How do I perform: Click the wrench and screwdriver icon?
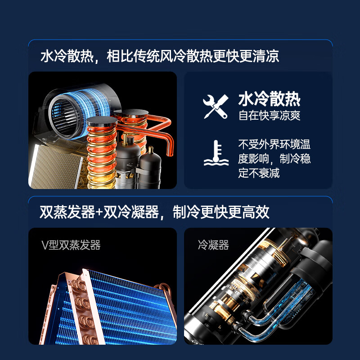click(x=216, y=107)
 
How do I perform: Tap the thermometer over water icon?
click(x=216, y=153)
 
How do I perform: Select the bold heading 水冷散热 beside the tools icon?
click(x=269, y=99)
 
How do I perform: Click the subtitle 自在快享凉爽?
click(x=269, y=115)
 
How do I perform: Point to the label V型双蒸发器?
click(x=71, y=245)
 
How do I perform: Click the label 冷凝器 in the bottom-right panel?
click(x=213, y=245)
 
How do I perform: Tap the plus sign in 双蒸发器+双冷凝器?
click(x=99, y=212)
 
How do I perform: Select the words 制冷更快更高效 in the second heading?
click(x=221, y=212)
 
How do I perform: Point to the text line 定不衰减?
click(x=259, y=173)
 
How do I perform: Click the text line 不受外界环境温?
click(x=274, y=144)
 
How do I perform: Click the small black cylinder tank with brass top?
click(x=150, y=167)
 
